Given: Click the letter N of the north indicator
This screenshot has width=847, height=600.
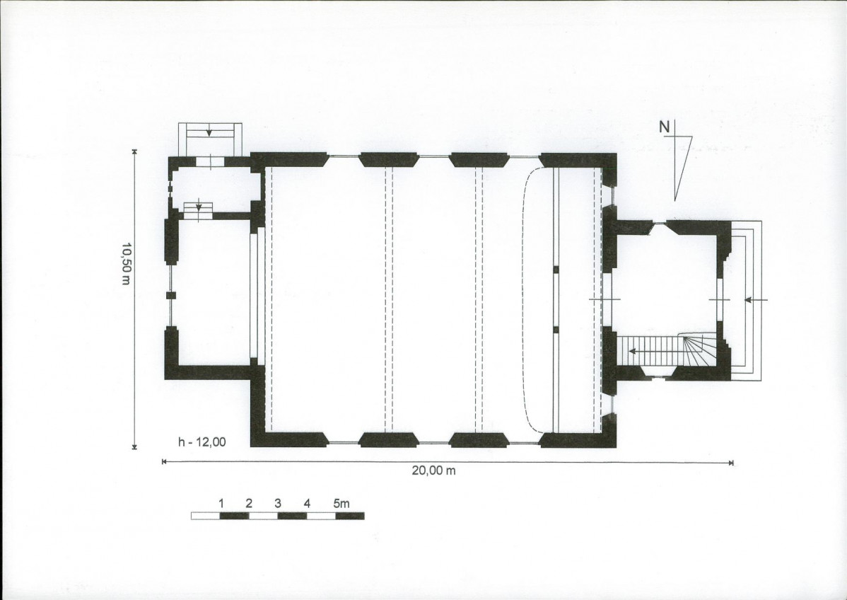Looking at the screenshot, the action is coord(664,127).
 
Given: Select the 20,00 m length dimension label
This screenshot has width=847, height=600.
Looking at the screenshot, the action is coord(433,471).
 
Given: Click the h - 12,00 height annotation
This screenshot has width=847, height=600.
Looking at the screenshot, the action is coord(202,442).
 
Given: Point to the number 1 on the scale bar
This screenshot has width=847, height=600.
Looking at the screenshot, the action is coord(221,503).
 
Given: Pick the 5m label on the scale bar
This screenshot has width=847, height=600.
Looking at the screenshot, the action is coord(341,503).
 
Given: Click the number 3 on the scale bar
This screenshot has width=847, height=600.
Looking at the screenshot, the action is coord(278,503).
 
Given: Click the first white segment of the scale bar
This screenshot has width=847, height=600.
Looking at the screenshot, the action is coord(205,516).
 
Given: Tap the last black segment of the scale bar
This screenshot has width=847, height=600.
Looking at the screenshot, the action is coord(349,516).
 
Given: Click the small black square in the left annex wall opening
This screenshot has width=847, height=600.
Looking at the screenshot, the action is coord(170,295).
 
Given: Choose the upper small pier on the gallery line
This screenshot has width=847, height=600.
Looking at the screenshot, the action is coord(555,269).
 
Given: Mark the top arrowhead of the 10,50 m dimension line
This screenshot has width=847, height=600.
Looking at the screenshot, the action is coord(134,151).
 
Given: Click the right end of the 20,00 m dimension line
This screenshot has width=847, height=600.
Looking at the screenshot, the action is coord(732,462).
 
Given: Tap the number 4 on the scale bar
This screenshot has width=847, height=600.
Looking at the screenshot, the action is coord(307,503).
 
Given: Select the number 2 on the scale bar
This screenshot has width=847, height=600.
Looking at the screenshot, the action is coord(249,503).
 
